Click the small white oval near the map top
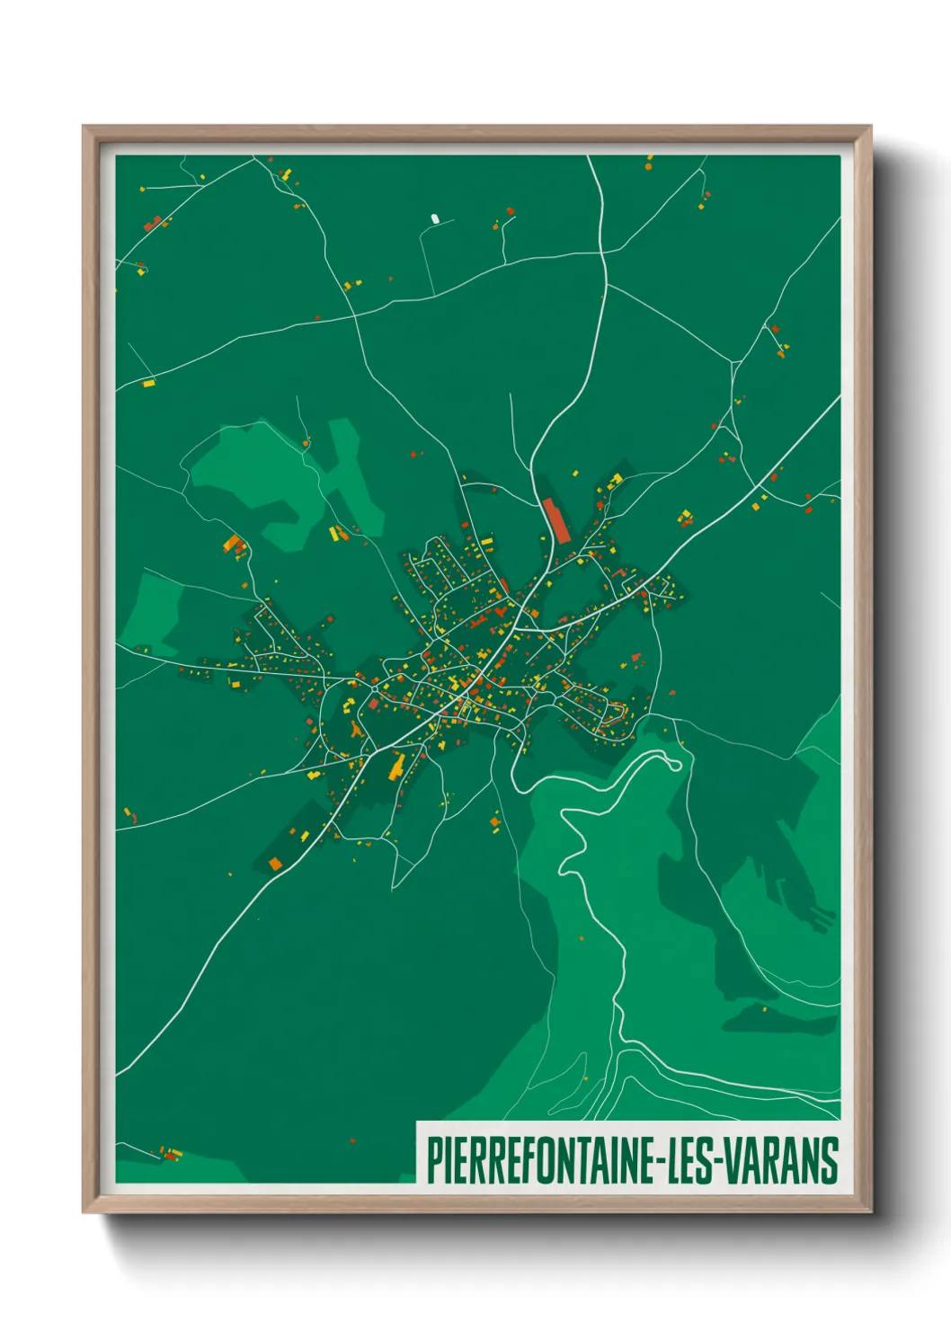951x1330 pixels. [x=435, y=218]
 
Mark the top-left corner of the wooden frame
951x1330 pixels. [x=84, y=127]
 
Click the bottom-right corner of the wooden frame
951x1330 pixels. [x=870, y=1211]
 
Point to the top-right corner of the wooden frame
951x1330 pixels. [x=870, y=127]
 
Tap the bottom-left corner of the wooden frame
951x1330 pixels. [x=84, y=1211]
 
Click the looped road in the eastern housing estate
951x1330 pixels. [x=614, y=714]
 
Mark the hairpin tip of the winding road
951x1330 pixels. [x=676, y=764]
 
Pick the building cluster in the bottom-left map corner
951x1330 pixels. [x=169, y=1153]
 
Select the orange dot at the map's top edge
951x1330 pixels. [x=648, y=166]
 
